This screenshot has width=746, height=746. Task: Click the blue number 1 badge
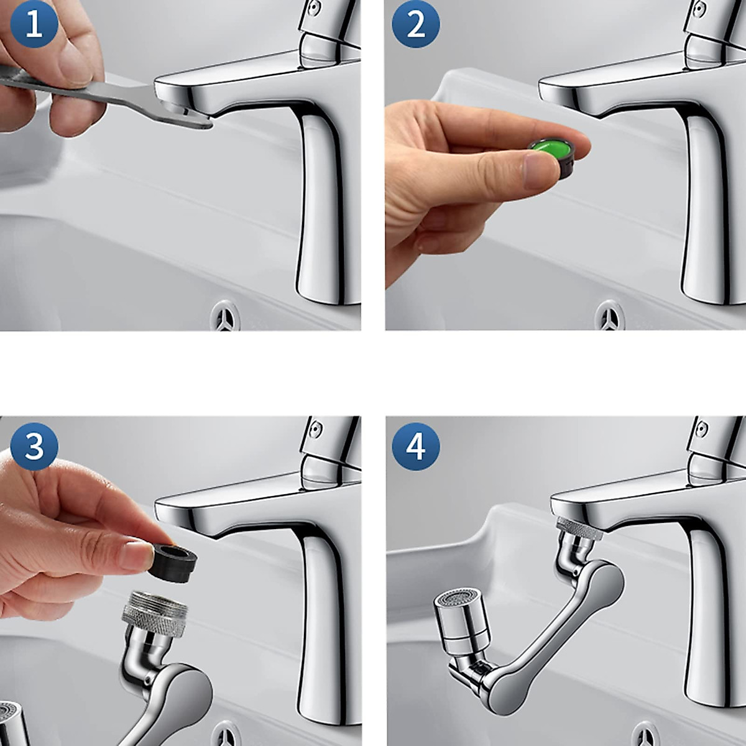34,25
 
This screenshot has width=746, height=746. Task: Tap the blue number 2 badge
416,25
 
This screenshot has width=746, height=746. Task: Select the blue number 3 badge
34,446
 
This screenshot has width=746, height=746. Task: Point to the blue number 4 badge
416,446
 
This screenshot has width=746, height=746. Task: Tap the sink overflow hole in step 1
224,315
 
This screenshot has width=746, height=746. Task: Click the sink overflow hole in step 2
609,315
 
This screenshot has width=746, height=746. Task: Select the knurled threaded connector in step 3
155,614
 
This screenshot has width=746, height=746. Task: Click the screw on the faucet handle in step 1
315,8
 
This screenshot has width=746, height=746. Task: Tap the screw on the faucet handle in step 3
315,429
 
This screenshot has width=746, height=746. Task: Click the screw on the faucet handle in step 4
701,429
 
